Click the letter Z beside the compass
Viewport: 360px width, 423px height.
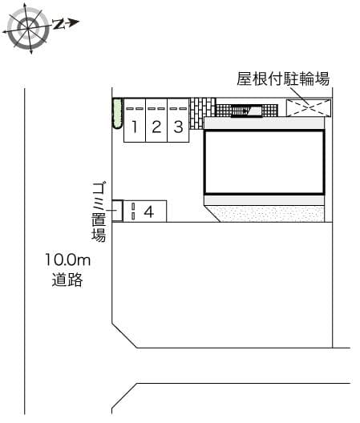(59, 24)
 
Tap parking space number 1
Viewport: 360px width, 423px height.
(135, 126)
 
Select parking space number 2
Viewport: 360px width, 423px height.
(156, 126)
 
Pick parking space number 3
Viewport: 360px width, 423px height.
(178, 126)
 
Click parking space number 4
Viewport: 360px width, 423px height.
(148, 211)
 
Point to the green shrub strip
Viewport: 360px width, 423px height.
(115, 114)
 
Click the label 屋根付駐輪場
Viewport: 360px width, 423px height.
(283, 79)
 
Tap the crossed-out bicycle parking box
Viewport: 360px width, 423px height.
(308, 109)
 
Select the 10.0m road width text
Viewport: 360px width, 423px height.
(69, 260)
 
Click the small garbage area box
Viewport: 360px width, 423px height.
(117, 210)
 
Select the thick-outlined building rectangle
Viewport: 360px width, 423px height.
(264, 161)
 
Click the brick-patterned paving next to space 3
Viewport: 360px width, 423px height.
(203, 108)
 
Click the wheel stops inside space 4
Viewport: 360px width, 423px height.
(133, 211)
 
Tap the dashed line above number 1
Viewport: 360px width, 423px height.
(135, 108)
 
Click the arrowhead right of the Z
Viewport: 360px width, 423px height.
(74, 22)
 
